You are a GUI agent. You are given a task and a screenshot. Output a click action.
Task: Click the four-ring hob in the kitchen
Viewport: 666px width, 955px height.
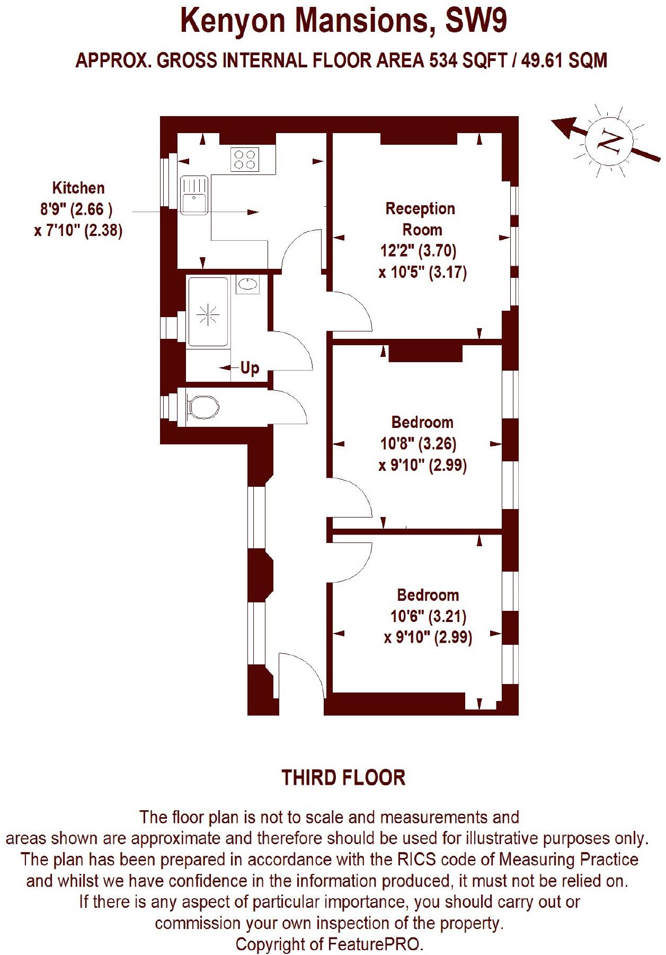pyautogui.click(x=245, y=159)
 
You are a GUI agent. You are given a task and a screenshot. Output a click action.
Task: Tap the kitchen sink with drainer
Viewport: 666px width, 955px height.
pyautogui.click(x=194, y=195)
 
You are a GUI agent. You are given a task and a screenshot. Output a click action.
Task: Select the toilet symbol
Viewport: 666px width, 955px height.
pyautogui.click(x=203, y=407)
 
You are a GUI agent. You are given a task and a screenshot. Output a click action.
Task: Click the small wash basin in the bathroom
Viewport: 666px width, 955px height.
pyautogui.click(x=247, y=284)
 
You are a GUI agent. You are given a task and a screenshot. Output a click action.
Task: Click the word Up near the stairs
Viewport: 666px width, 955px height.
pyautogui.click(x=250, y=367)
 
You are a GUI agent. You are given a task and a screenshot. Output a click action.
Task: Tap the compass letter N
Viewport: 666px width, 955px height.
pyautogui.click(x=609, y=141)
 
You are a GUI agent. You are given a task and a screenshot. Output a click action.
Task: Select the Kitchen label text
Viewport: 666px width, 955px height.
pyautogui.click(x=78, y=188)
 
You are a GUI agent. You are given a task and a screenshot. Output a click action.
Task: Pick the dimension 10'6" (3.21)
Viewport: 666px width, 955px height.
pyautogui.click(x=428, y=616)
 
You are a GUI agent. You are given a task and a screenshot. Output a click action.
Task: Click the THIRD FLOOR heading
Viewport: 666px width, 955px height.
pyautogui.click(x=343, y=777)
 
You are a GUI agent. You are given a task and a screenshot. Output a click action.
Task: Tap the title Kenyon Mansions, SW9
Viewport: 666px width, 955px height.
pyautogui.click(x=343, y=21)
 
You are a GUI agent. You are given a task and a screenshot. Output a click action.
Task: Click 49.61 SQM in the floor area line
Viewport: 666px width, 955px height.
pyautogui.click(x=564, y=60)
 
